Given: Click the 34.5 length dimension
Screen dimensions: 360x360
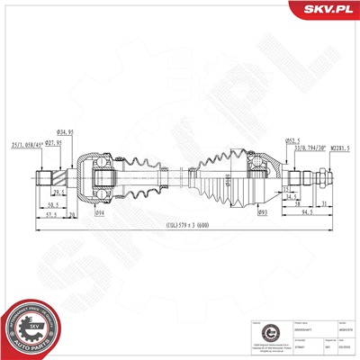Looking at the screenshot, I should (290, 195).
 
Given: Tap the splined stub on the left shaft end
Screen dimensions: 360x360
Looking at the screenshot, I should (49, 173).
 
